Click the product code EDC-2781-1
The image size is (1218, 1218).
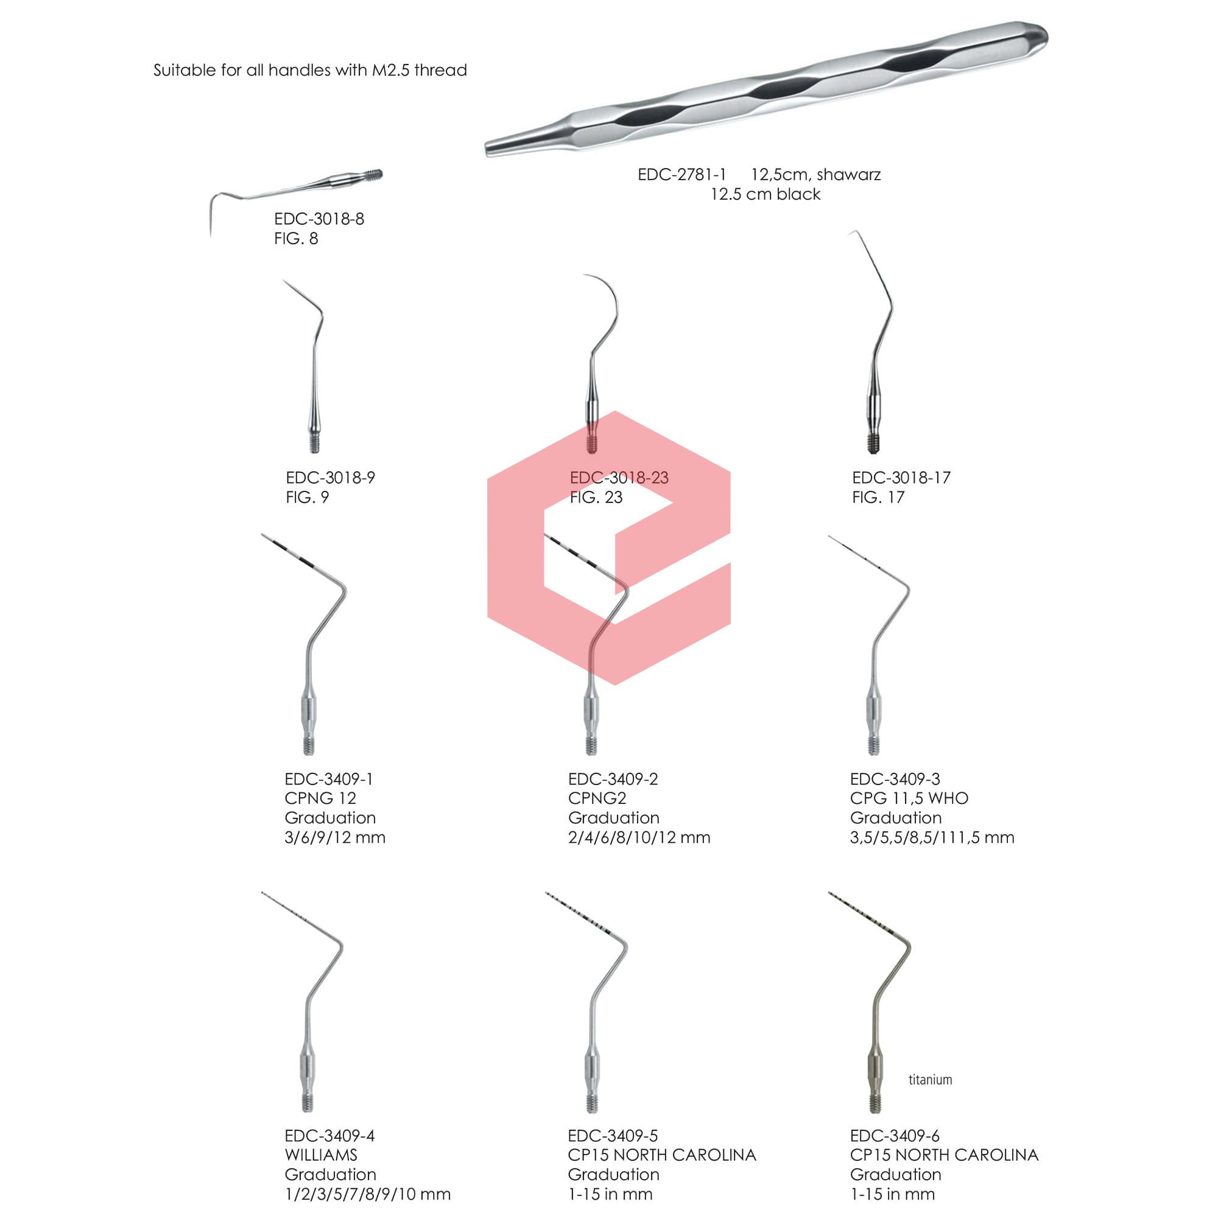[681, 175]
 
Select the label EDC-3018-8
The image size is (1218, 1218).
[319, 219]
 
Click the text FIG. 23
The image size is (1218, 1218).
[596, 498]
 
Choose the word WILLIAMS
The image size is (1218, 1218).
[321, 1155]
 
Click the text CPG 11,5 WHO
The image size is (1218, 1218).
[909, 798]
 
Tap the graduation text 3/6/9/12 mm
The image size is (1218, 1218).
[335, 837]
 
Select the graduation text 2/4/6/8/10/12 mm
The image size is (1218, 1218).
[639, 837]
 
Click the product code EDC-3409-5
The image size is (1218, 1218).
[613, 1135]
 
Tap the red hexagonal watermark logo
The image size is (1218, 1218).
[609, 547]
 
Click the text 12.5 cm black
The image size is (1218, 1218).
[766, 194]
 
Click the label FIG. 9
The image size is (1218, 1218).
[307, 498]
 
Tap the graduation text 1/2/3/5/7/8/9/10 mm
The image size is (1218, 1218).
[368, 1194]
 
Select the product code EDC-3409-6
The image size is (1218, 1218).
[895, 1135]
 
